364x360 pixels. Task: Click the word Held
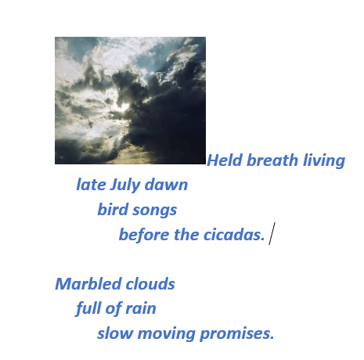pyautogui.click(x=225, y=161)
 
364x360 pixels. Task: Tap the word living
pyautogui.click(x=323, y=161)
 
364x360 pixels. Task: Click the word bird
pyautogui.click(x=113, y=210)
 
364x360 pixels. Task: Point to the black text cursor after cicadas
pyautogui.click(x=271, y=233)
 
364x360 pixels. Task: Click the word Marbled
pyautogui.click(x=84, y=284)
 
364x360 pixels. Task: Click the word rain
pyautogui.click(x=139, y=308)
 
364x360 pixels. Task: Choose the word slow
pyautogui.click(x=114, y=333)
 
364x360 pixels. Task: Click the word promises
pyautogui.click(x=236, y=334)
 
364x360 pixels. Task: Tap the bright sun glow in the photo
pyautogui.click(x=123, y=105)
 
